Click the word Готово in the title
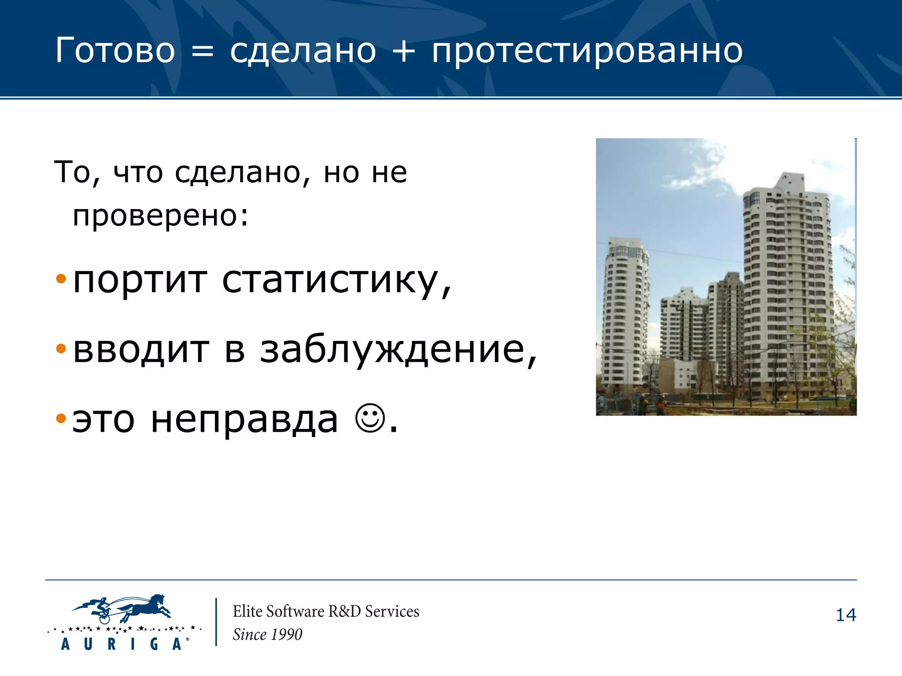click(x=115, y=51)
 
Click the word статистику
click(x=336, y=281)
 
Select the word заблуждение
click(x=398, y=351)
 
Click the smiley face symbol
click(x=370, y=418)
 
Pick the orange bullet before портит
click(x=61, y=279)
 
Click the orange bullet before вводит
click(x=61, y=349)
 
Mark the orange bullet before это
click(x=61, y=419)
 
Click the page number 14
click(x=846, y=615)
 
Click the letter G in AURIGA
click(x=154, y=644)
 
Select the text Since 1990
click(x=267, y=635)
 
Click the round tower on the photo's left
click(x=625, y=312)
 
